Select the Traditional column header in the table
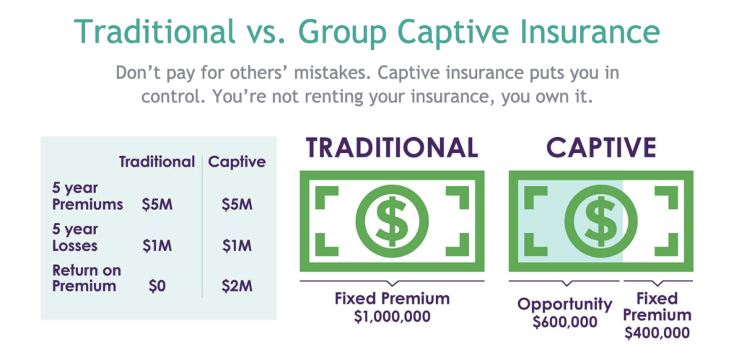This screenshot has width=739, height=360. (157, 162)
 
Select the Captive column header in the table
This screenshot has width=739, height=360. (237, 162)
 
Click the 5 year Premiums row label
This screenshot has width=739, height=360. (87, 196)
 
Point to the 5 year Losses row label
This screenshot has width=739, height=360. (75, 237)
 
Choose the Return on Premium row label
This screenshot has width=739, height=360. (87, 278)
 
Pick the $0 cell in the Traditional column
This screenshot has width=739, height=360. (157, 286)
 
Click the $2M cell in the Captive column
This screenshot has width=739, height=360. (237, 286)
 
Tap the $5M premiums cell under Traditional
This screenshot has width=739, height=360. (157, 206)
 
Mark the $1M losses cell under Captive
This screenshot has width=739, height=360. (237, 246)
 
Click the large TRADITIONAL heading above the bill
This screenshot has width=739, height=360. (392, 147)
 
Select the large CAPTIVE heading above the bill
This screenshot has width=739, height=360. (601, 147)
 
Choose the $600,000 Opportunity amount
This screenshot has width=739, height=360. (564, 322)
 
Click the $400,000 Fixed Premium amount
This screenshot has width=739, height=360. (657, 333)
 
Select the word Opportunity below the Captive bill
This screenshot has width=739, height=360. (564, 305)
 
